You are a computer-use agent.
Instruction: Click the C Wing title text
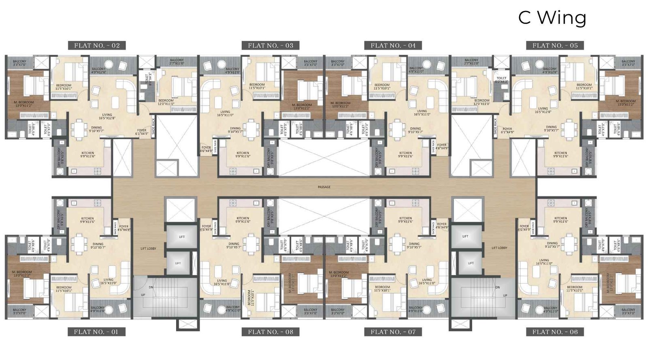(x=552, y=18)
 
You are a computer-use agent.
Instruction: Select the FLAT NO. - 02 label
(x=97, y=45)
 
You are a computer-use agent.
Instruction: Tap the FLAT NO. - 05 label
(x=555, y=45)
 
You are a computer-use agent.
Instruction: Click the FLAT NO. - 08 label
(x=271, y=332)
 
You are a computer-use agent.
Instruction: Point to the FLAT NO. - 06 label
(x=555, y=332)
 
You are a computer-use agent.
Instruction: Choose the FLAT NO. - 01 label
(x=96, y=332)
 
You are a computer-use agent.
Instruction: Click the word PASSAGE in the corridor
(x=324, y=187)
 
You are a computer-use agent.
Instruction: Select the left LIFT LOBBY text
(x=148, y=248)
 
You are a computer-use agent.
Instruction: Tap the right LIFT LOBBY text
(x=499, y=248)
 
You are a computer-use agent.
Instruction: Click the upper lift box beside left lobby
(x=181, y=236)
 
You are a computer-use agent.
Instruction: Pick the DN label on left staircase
(x=151, y=287)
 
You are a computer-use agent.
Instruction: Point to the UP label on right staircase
(x=505, y=296)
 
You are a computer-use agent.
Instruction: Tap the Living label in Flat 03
(x=225, y=113)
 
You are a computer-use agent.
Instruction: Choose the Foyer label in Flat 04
(x=441, y=146)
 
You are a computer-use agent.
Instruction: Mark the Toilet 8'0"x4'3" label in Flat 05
(x=501, y=79)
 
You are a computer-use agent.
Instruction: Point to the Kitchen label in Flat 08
(x=243, y=220)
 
